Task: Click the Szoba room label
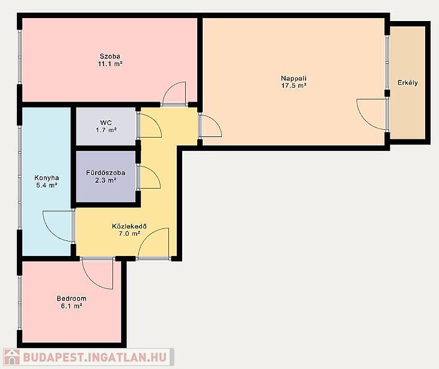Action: [x=110, y=56]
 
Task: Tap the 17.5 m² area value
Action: [x=293, y=85]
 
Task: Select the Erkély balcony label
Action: [x=408, y=83]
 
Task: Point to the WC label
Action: [x=106, y=123]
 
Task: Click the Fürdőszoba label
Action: [x=106, y=172]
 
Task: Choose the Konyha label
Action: [x=47, y=178]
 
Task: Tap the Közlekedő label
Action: [x=129, y=226]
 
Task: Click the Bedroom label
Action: [x=72, y=299]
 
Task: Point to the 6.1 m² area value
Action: [x=72, y=306]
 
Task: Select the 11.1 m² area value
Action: [x=110, y=64]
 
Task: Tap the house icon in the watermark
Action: [x=12, y=357]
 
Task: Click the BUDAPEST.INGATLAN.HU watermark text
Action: [x=94, y=357]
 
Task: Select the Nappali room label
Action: [x=293, y=78]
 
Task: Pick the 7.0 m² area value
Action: [x=129, y=234]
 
